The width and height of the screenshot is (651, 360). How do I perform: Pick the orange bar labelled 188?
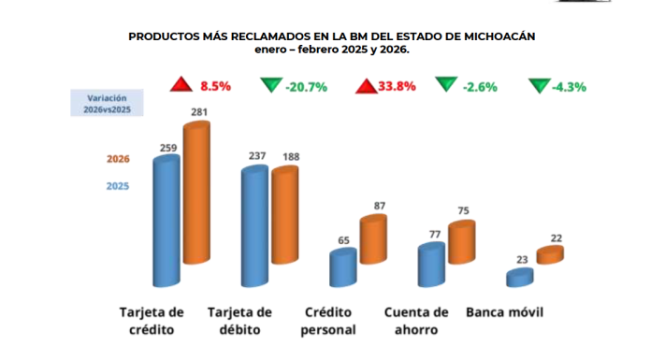284,215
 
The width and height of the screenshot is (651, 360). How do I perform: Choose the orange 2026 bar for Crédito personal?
372,239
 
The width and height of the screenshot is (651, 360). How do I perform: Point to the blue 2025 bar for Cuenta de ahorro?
430,265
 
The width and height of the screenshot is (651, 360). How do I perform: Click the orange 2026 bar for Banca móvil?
549,254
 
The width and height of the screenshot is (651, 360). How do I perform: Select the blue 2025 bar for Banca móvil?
519,277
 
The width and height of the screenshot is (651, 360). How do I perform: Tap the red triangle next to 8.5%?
181,86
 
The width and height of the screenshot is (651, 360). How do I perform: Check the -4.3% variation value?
569,87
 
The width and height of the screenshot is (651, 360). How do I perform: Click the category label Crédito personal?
329,320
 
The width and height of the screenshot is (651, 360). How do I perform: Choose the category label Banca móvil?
505,311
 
